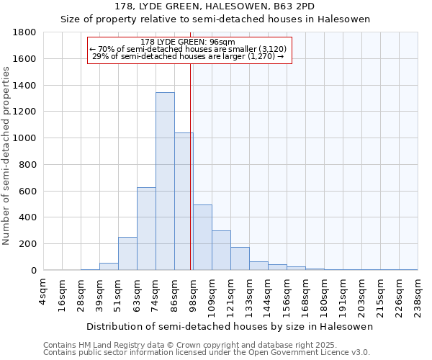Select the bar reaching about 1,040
[184, 202]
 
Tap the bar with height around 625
[146, 229]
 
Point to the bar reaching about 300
[221, 251]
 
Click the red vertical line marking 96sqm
[190, 166]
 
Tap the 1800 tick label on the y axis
[26, 32]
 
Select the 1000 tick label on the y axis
[26, 138]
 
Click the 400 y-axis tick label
[29, 217]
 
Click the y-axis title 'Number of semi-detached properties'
[7, 155]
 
